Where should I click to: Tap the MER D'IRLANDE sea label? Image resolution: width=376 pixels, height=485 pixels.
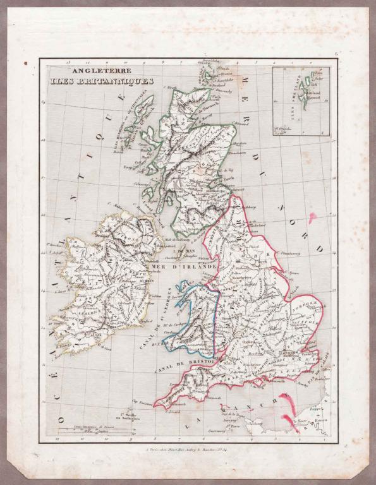183,268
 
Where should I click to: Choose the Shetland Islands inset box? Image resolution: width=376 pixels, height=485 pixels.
300,98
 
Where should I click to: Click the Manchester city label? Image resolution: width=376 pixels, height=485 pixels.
242,278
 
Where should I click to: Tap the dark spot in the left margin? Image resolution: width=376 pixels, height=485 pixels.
26,64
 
